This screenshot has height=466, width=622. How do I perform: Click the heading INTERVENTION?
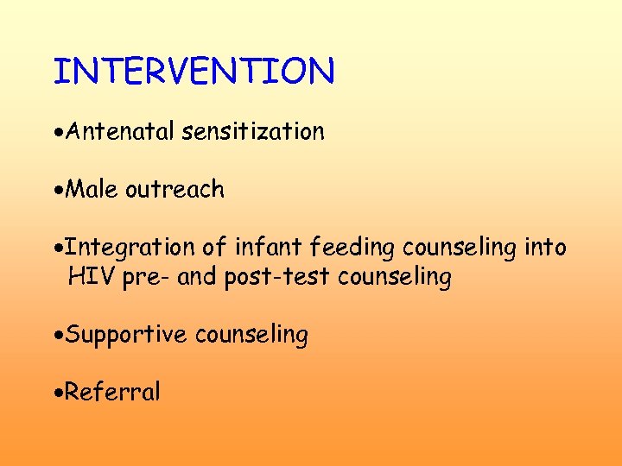[x=194, y=71]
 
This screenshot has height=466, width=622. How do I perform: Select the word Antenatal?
[x=121, y=131]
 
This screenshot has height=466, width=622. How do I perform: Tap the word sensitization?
[x=253, y=131]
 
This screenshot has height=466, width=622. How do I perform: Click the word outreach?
[x=175, y=189]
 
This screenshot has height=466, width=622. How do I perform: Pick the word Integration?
[x=130, y=248]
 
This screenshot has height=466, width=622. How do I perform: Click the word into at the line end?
[x=545, y=248]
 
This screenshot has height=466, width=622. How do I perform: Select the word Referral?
[x=112, y=393]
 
